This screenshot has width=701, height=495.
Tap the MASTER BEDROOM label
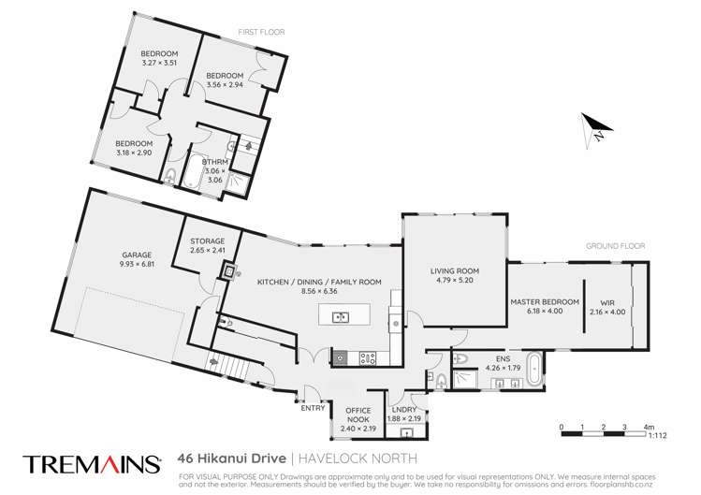coord(544,301)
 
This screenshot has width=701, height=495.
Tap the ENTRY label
coord(312,407)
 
